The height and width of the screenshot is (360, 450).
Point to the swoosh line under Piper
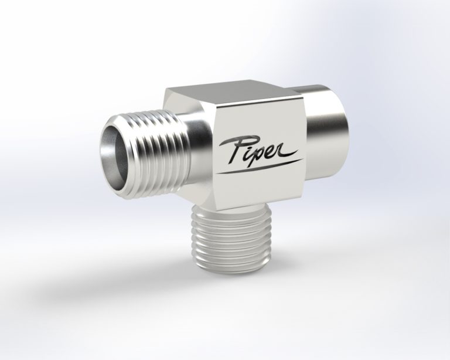(260, 165)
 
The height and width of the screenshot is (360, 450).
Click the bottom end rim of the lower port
(231, 271)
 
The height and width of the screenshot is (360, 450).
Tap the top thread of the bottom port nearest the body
(231, 212)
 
